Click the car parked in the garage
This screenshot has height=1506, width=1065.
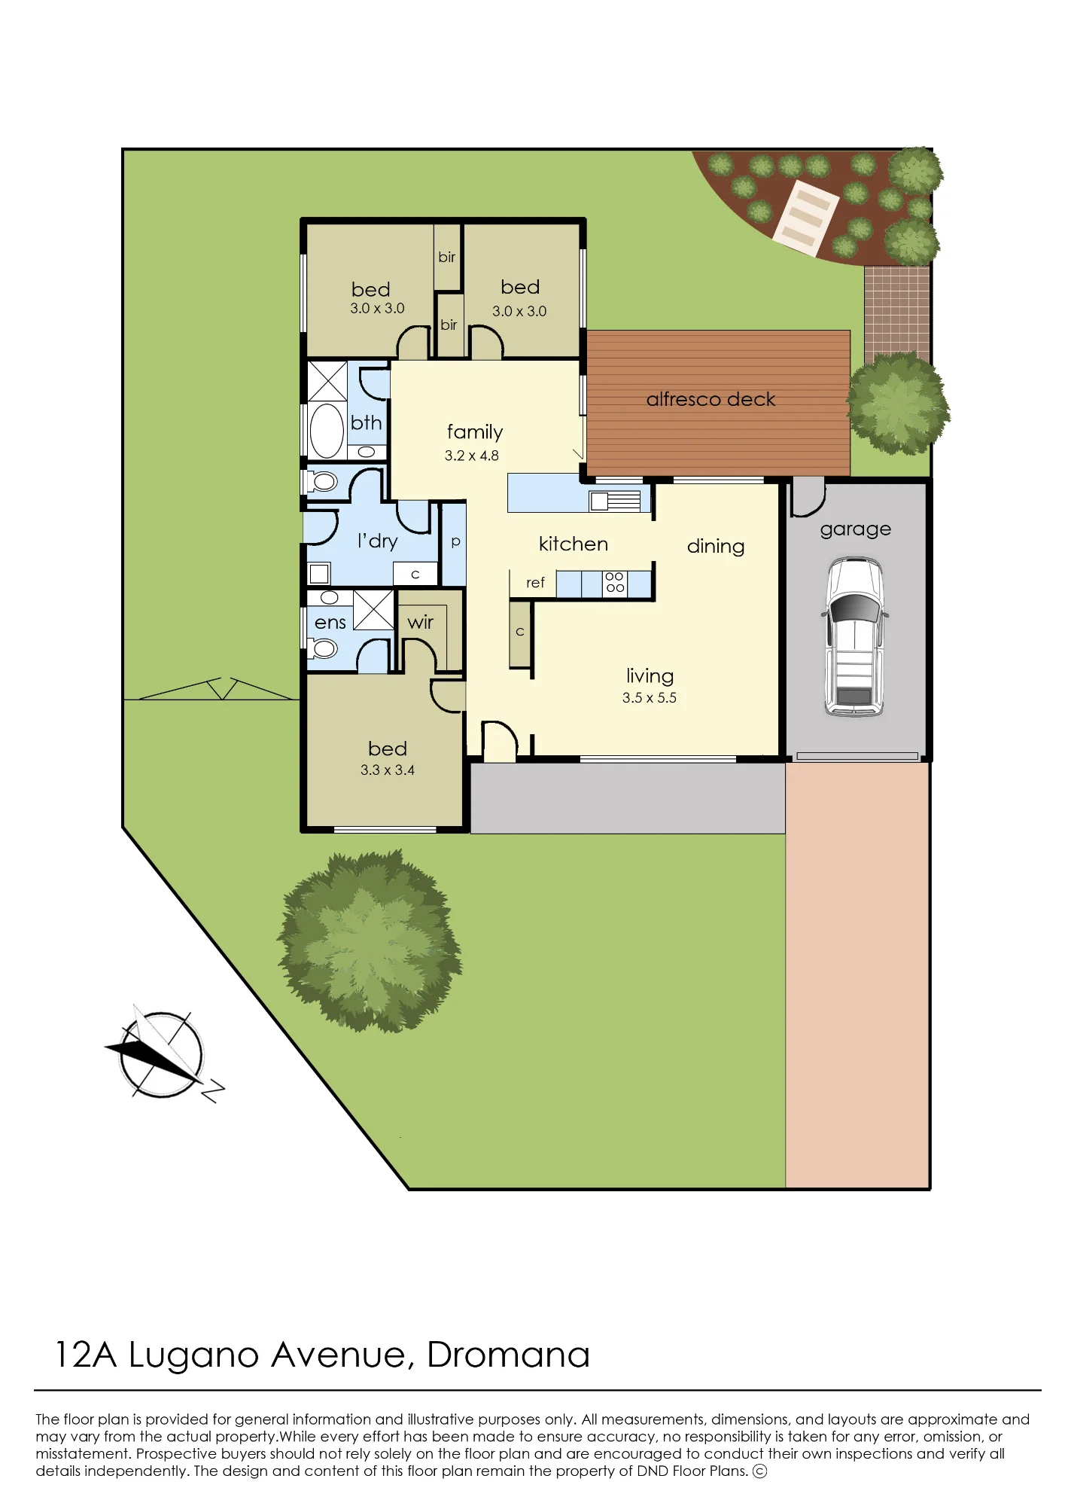tap(854, 637)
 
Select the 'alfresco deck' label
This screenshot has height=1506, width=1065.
tap(711, 399)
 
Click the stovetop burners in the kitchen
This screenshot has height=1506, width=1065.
tap(615, 582)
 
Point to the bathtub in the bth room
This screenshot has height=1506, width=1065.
tap(327, 431)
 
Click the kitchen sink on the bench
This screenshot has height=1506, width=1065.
tap(615, 501)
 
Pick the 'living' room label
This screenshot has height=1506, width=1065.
tap(650, 676)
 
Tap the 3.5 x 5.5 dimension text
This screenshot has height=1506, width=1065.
tap(650, 698)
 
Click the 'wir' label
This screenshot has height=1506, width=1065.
tap(420, 622)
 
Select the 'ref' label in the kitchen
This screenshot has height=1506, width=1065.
tap(535, 583)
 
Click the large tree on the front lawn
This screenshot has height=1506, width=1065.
tap(370, 941)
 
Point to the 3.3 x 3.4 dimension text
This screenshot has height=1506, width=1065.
tap(388, 770)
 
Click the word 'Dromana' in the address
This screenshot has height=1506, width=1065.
tap(509, 1355)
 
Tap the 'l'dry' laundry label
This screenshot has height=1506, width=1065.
tap(377, 541)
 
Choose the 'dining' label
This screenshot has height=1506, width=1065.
tap(716, 547)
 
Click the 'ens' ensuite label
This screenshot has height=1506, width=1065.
tap(330, 623)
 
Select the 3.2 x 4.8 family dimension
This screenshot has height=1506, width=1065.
tap(472, 456)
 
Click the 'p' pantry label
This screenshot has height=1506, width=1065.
tap(455, 542)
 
